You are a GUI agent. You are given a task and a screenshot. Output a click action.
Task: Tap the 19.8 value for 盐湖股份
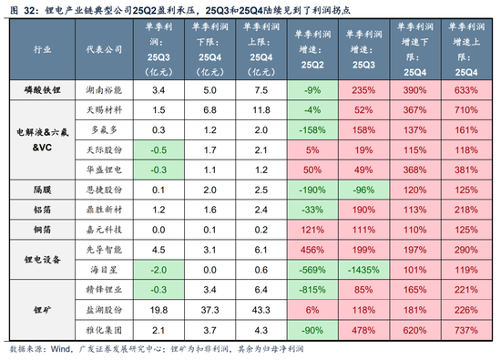coord(158,311)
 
